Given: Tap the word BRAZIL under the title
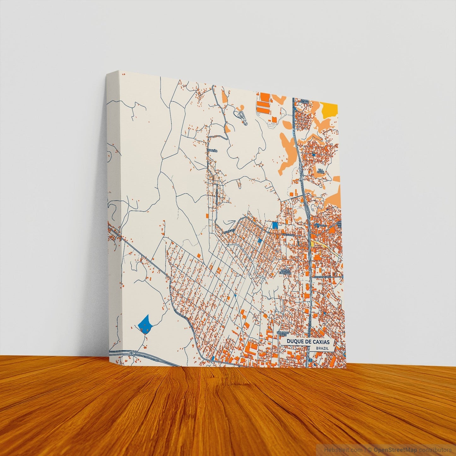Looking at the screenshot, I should (x=322, y=348).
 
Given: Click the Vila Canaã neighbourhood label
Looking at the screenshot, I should (x=321, y=171).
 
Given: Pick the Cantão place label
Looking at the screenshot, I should (x=213, y=151).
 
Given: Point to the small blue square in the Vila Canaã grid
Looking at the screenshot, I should (x=313, y=154).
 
